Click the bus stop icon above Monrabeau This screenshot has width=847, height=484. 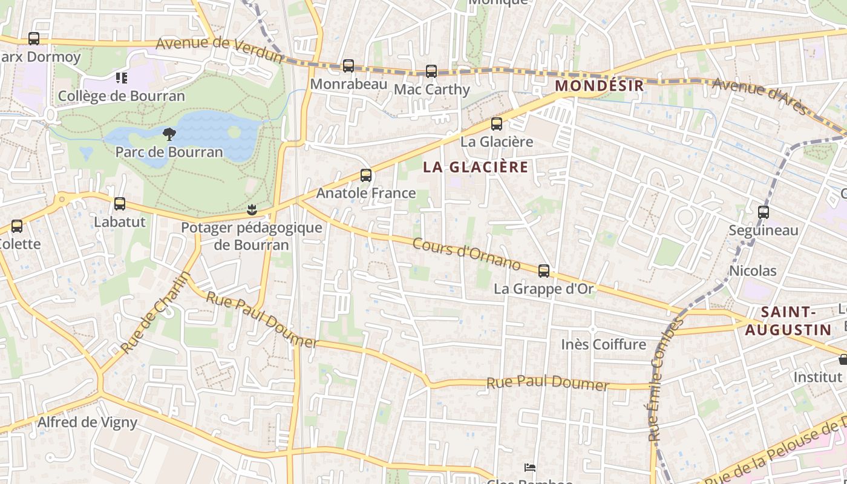point(348,66)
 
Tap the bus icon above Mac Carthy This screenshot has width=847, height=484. point(431,71)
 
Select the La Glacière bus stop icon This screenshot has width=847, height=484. point(497,124)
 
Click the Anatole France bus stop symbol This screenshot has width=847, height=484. point(366,175)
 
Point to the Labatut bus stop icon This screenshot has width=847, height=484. point(120,204)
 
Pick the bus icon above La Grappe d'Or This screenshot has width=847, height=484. point(544,271)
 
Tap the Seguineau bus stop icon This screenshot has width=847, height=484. point(764,212)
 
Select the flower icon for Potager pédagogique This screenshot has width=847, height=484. point(252,210)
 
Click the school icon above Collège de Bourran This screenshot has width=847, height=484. point(122,78)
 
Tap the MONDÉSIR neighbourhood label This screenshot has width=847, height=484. point(599,85)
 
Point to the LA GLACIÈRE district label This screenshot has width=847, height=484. point(476,167)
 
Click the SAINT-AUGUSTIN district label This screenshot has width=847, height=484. point(788,321)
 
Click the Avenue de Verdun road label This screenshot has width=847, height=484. point(219,50)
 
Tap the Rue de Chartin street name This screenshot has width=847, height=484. point(155,313)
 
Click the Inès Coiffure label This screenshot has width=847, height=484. point(603,344)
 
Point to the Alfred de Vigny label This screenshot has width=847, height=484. point(88,422)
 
